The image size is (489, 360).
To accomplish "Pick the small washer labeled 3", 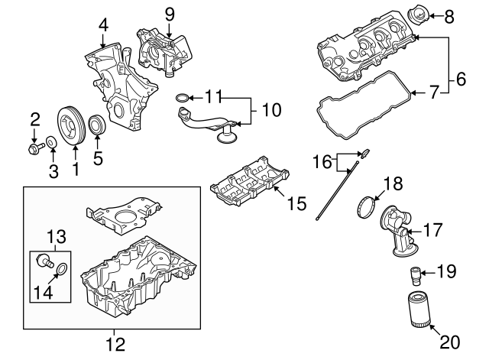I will tap(50, 142).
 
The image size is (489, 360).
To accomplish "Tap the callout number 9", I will tap(170, 13).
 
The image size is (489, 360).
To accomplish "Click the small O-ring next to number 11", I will tap(181, 97).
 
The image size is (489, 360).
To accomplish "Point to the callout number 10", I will tap(270, 110).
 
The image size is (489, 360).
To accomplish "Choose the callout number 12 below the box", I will tap(115, 344).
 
